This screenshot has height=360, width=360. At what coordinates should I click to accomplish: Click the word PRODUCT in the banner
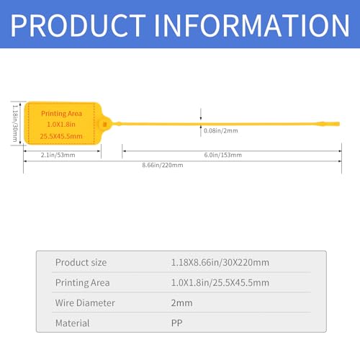pos(78,25)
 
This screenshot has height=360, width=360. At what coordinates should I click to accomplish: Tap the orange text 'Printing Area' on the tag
pos(61,114)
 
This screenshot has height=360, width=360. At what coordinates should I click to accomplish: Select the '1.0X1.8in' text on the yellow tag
pos(61,125)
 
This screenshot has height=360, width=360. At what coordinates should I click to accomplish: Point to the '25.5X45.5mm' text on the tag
pos(61,136)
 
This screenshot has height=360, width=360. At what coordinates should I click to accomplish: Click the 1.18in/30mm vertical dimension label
pos(15,123)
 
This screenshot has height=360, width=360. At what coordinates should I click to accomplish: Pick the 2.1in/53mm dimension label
pos(58,155)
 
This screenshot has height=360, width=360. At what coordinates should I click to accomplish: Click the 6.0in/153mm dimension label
pos(223,155)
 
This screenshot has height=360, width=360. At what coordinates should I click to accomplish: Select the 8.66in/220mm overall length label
pos(163,165)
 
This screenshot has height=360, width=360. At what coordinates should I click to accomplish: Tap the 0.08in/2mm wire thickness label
pos(221,131)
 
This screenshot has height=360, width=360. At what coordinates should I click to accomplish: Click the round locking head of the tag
pos(105,124)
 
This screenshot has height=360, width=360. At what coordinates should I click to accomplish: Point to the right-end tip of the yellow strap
pos(340,124)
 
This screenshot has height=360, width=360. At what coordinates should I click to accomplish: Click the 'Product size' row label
pos(81,262)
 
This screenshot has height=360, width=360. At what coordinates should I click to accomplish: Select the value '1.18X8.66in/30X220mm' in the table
pos(220,262)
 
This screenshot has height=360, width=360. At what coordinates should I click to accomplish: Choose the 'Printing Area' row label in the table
pos(82,283)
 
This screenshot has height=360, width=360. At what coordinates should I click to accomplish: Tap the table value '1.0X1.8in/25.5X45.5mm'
pos(220,283)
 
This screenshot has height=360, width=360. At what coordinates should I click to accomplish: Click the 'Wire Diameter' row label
pos(85,303)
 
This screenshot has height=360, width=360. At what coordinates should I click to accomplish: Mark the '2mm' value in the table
pos(181,303)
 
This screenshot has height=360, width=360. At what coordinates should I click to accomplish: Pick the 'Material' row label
pos(72,323)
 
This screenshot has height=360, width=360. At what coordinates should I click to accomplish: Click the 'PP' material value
pos(176,323)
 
